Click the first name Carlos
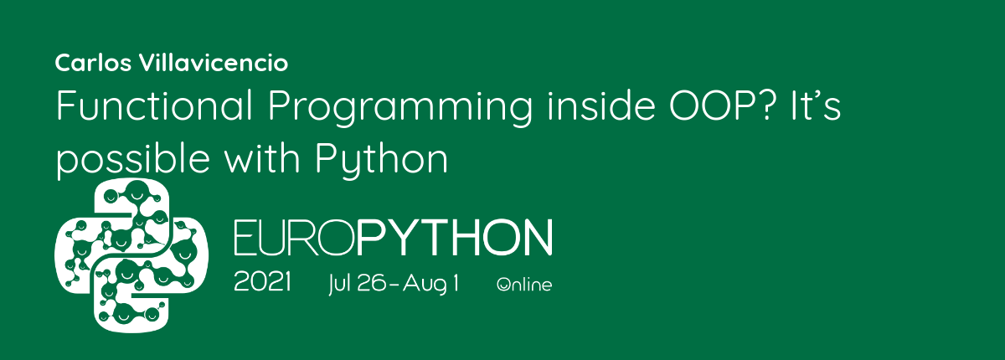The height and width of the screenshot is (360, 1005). pos(93,63)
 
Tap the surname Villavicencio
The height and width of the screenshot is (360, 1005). pos(214,63)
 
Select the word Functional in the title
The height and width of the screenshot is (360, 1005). pos(154,105)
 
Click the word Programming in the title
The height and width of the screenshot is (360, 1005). pos(400,108)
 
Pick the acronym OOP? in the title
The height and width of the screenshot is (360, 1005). pos(722,105)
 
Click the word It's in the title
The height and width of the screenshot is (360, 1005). pos(816,105)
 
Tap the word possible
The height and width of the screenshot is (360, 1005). pos(133,161)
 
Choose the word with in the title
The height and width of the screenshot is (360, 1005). pos(261,157)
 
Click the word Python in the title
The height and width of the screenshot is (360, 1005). pos(381,161)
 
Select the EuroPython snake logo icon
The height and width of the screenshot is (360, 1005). pos(131,255)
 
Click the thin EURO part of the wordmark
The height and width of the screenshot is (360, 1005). pos(295,238)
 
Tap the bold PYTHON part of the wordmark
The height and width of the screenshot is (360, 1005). pos(455,238)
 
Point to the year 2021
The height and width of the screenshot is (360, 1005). pos(262,282)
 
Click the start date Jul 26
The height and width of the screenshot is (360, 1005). pos(357,283)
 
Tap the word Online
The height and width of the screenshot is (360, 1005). pos(524,285)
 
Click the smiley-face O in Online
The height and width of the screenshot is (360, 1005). pos(503,285)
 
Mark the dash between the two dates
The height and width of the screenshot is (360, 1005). pos(394,285)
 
